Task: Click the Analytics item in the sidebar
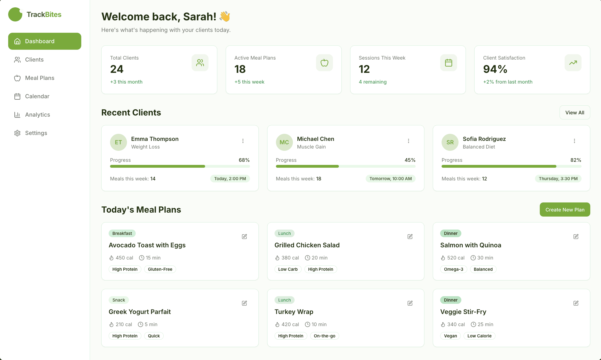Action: (37, 115)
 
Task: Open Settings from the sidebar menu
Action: (36, 133)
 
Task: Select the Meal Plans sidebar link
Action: (40, 78)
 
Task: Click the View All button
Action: (574, 112)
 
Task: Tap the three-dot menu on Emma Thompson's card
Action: (243, 141)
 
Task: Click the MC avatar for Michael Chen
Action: (284, 142)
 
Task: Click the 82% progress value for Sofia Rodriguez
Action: (576, 160)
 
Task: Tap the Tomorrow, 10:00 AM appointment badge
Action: (391, 179)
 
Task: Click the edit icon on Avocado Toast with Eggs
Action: (244, 237)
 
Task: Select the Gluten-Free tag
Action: (160, 269)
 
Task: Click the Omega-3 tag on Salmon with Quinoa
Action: (453, 269)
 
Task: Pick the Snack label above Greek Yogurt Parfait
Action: (119, 300)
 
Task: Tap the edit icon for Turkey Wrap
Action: (410, 303)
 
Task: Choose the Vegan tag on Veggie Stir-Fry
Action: (450, 336)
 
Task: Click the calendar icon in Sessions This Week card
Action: (448, 63)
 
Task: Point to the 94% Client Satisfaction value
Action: (495, 69)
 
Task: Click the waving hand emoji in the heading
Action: (225, 16)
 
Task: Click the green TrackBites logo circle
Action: (15, 14)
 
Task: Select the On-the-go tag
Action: (324, 336)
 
